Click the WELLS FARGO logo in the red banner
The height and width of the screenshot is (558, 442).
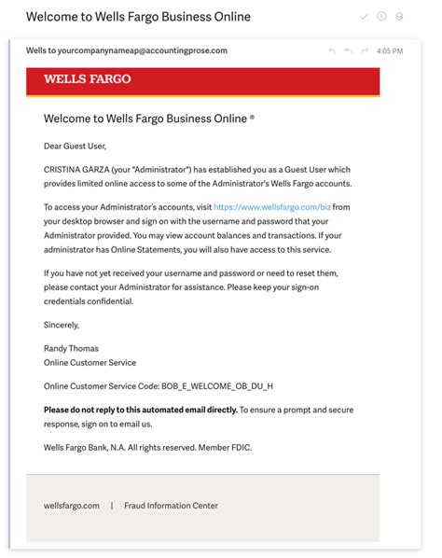click(87, 79)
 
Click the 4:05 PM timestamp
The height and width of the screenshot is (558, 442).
click(391, 50)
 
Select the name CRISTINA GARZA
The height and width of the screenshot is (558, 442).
click(79, 171)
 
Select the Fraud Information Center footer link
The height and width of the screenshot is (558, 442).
click(171, 506)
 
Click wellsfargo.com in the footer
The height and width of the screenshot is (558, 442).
click(72, 506)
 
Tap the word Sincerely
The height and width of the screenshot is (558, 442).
click(62, 325)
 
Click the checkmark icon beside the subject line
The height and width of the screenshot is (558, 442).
click(364, 17)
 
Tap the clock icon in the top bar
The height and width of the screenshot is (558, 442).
click(381, 17)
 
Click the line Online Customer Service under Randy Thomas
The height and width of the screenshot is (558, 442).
click(90, 362)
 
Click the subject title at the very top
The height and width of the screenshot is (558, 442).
click(138, 17)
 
